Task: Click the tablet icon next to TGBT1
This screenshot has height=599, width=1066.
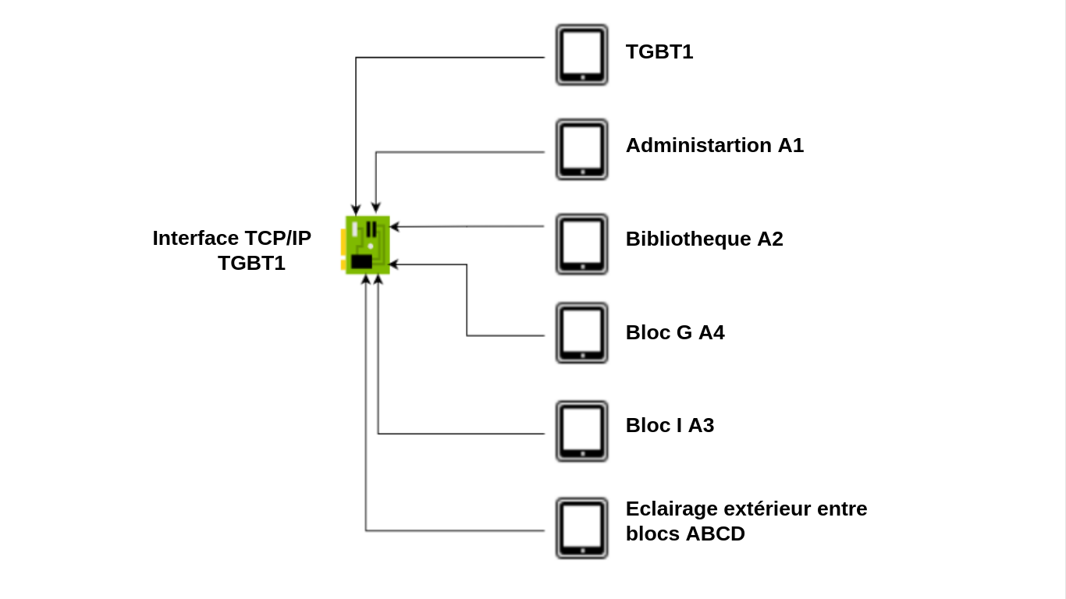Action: pyautogui.click(x=581, y=55)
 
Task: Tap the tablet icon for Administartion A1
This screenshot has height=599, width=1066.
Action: pyautogui.click(x=581, y=149)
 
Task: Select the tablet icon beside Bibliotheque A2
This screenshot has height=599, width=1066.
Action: pyautogui.click(x=581, y=243)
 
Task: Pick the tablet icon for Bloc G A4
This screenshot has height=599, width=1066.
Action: pyautogui.click(x=581, y=333)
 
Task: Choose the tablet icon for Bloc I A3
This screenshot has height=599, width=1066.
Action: pyautogui.click(x=581, y=431)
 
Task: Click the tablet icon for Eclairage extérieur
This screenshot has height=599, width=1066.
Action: pyautogui.click(x=581, y=528)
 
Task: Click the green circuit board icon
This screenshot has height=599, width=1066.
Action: pyautogui.click(x=367, y=245)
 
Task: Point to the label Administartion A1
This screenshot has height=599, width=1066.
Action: pyautogui.click(x=714, y=145)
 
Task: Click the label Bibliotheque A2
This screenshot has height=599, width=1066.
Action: pyautogui.click(x=704, y=239)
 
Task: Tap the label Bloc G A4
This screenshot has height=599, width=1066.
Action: pyautogui.click(x=674, y=332)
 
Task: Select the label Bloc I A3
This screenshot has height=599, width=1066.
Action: pyautogui.click(x=670, y=425)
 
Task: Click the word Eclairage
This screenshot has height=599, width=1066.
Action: pyautogui.click(x=671, y=509)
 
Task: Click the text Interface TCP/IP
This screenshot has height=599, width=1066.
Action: pyautogui.click(x=232, y=238)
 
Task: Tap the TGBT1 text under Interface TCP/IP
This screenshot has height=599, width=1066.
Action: pyautogui.click(x=251, y=263)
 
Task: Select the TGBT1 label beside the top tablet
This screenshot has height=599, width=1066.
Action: pyautogui.click(x=659, y=51)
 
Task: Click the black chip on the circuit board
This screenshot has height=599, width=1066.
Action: pyautogui.click(x=361, y=261)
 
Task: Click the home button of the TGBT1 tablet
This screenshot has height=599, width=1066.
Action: pyautogui.click(x=582, y=77)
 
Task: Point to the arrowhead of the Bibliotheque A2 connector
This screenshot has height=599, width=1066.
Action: pyautogui.click(x=394, y=227)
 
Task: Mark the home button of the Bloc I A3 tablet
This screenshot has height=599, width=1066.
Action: pyautogui.click(x=582, y=454)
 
